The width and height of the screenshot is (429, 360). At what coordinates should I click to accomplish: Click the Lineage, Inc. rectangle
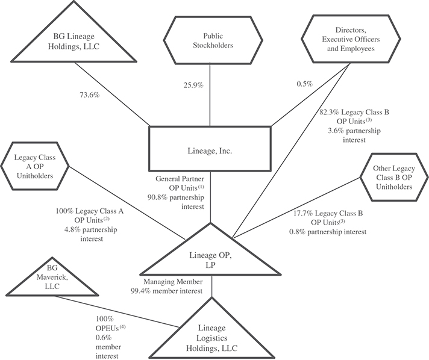click(x=210, y=151)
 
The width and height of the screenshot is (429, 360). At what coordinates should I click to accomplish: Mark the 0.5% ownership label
click(x=303, y=85)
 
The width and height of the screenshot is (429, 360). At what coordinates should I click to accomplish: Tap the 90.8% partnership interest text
click(x=181, y=195)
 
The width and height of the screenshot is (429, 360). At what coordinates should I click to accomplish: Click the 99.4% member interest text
click(x=175, y=290)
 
